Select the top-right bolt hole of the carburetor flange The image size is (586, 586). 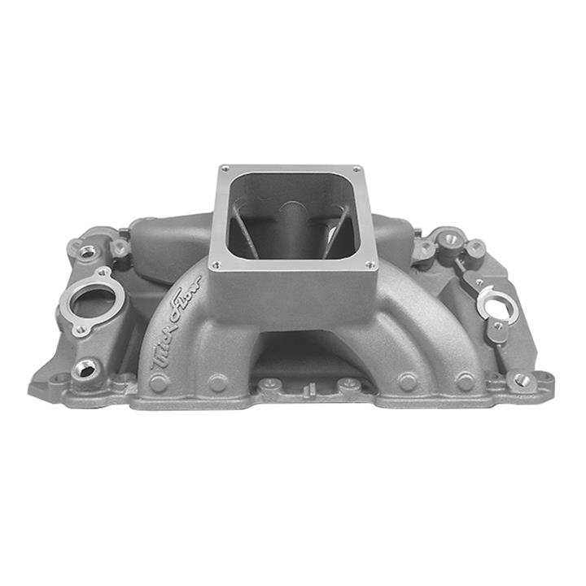point(356,169)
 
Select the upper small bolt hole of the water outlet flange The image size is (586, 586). point(103,271)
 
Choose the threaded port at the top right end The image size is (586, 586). point(448,238)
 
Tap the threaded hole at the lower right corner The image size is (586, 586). point(521,379)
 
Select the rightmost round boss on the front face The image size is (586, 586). point(465,381)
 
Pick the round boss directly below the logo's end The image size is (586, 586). point(217,383)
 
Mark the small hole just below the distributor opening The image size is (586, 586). point(497,326)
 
